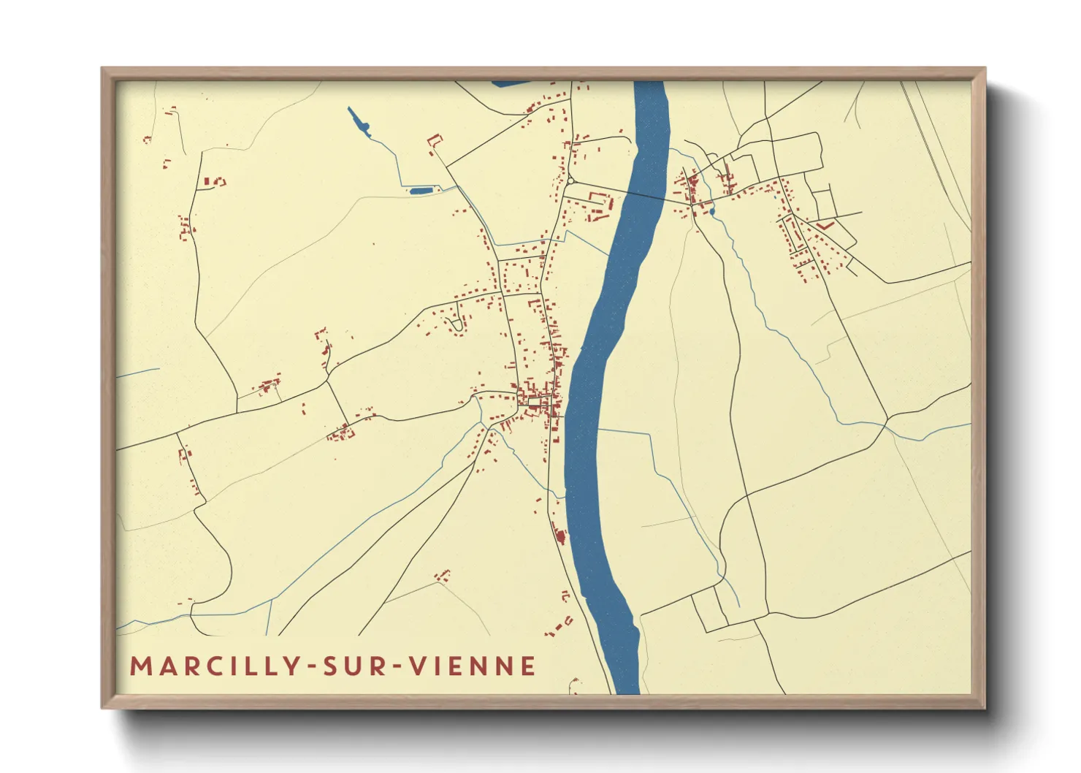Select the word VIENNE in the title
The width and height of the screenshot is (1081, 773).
click(473, 666)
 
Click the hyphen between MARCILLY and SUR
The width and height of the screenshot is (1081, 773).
click(313, 667)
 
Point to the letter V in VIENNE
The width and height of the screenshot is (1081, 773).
click(417, 666)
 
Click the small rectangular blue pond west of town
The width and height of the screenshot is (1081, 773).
click(421, 191)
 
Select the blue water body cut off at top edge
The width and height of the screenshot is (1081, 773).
click(511, 83)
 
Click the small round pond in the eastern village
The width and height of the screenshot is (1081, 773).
click(712, 212)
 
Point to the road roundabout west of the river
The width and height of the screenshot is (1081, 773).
click(570, 180)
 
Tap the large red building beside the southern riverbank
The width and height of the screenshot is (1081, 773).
click(561, 537)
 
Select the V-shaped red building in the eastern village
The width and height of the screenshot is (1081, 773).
click(825, 226)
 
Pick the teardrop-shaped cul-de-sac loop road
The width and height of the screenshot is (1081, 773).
click(458, 325)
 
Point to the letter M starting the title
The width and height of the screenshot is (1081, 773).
click(139, 666)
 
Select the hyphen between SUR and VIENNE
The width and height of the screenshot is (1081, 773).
click(397, 667)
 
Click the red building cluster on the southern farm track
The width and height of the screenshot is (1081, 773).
click(442, 576)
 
